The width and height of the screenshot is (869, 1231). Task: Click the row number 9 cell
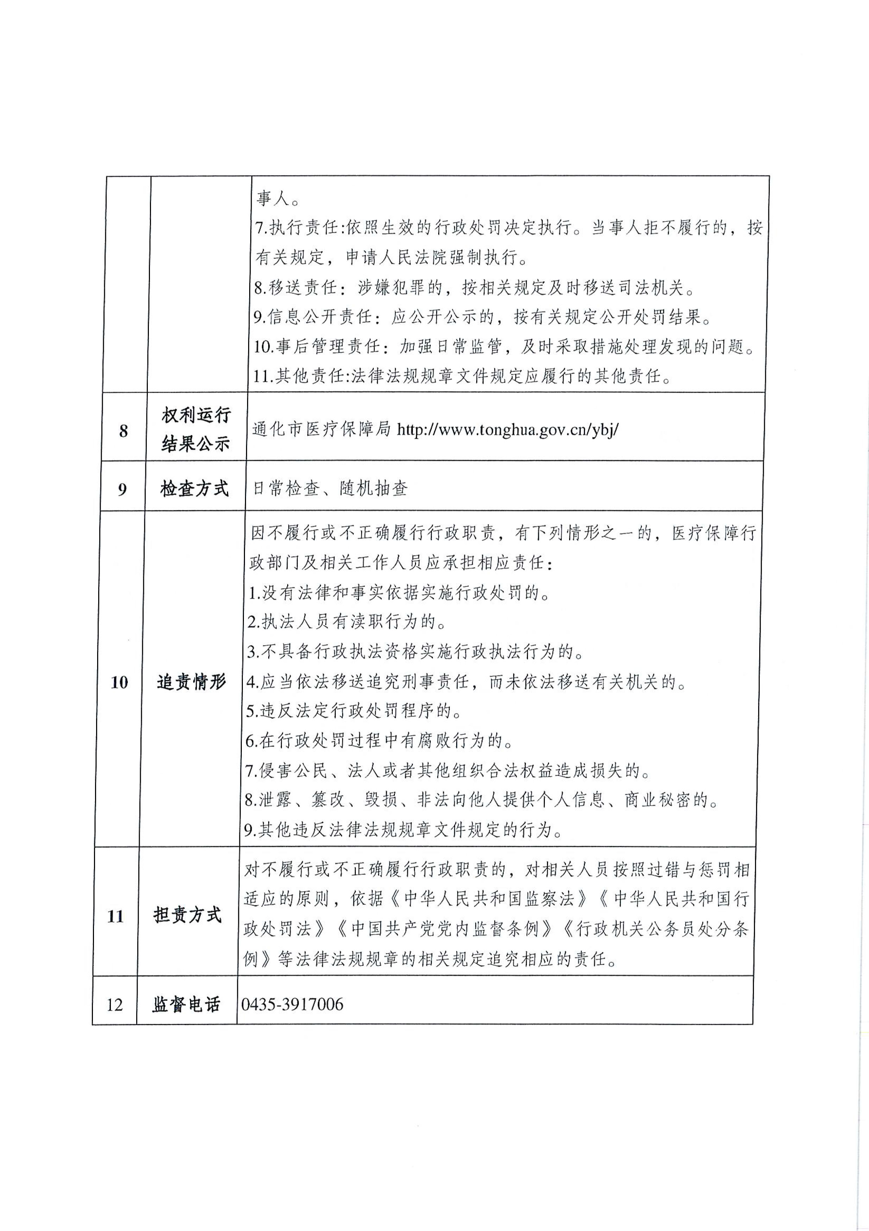click(122, 489)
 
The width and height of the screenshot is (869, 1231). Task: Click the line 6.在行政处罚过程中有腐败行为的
click(379, 741)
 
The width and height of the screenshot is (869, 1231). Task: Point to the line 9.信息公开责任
click(483, 318)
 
